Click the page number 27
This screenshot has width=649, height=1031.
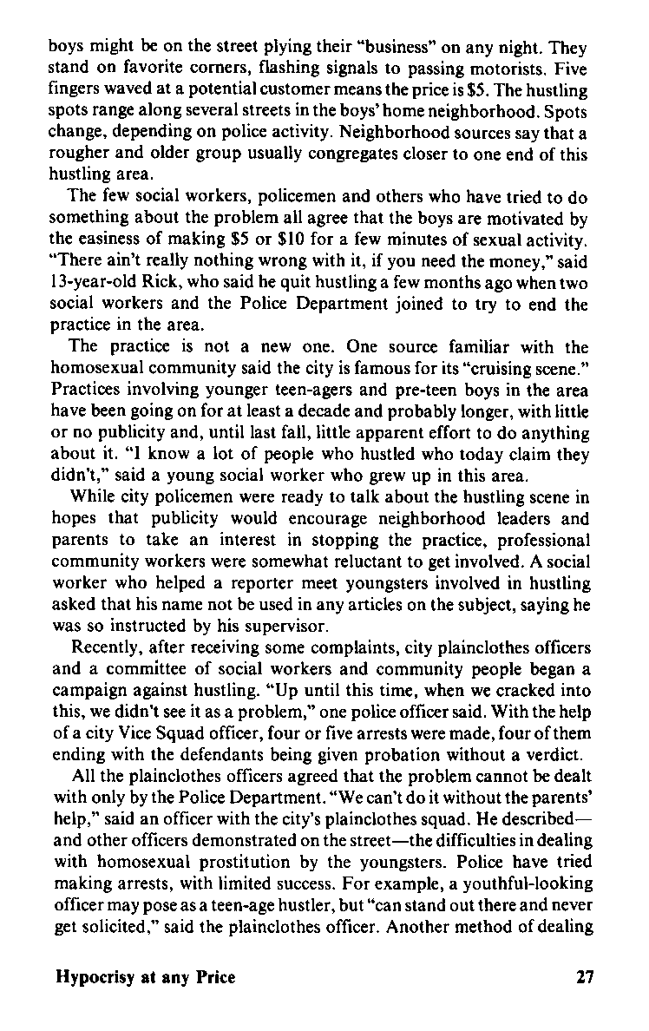[584, 977]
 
